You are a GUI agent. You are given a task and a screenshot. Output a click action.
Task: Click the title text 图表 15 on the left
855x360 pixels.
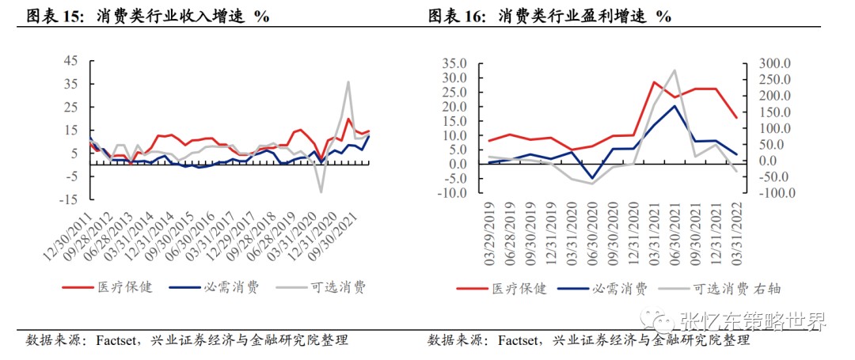click(x=54, y=16)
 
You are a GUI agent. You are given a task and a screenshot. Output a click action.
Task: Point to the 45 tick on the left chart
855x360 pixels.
click(x=71, y=60)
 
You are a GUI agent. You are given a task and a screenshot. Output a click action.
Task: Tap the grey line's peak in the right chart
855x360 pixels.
click(x=674, y=70)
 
